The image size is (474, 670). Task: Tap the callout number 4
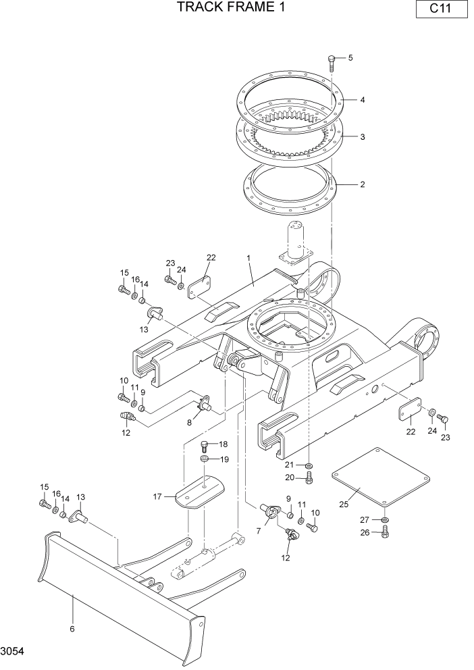pyautogui.click(x=363, y=100)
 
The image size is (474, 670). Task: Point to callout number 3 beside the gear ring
pyautogui.click(x=363, y=137)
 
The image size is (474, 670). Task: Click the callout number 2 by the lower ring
pyautogui.click(x=363, y=184)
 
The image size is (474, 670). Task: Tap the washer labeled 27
pyautogui.click(x=385, y=519)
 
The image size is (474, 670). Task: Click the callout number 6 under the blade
pyautogui.click(x=72, y=629)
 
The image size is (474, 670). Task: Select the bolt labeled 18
pyautogui.click(x=205, y=445)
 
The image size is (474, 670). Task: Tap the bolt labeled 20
pyautogui.click(x=309, y=479)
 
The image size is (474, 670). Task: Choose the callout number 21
pyautogui.click(x=289, y=465)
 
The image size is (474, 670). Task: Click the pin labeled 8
pyautogui.click(x=203, y=404)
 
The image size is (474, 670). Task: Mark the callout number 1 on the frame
pyautogui.click(x=248, y=259)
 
